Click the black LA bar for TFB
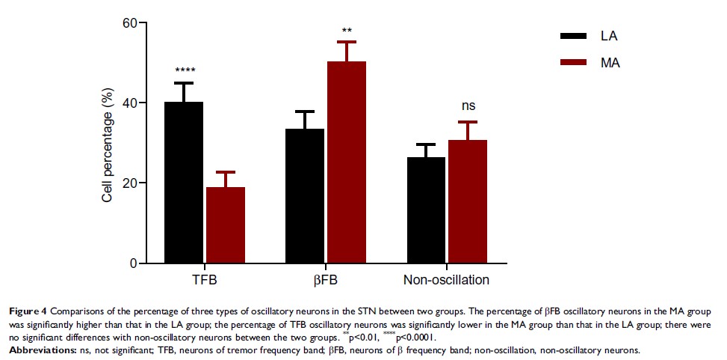point(185,183)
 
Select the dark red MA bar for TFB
point(226,225)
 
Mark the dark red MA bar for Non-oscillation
point(467,202)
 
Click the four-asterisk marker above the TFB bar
point(185,72)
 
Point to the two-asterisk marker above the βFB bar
point(347,31)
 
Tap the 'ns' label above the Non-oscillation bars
point(468,106)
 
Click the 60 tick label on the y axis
point(130,23)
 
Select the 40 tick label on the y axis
point(130,103)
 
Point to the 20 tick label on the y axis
point(130,183)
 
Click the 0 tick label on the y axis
point(134,263)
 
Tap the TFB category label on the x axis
point(205,281)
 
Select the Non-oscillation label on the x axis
point(446,281)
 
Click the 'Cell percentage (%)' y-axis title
point(109,144)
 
